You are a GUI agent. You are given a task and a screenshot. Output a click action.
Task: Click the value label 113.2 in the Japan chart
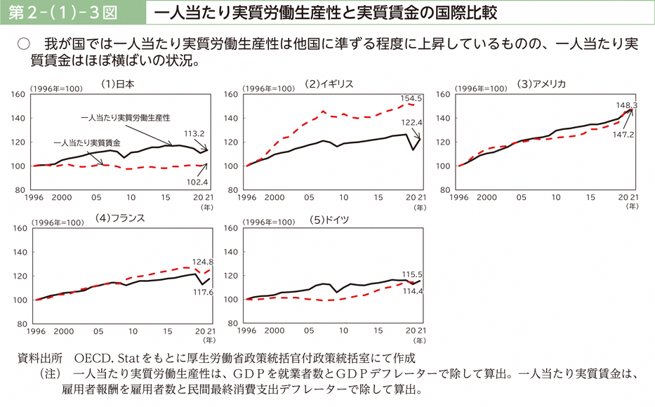pos(194,133)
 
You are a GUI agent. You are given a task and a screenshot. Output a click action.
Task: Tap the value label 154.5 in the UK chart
pos(411,98)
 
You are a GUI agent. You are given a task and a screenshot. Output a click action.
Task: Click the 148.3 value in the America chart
pos(624,105)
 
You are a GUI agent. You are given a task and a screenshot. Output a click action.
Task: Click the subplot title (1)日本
pos(117,84)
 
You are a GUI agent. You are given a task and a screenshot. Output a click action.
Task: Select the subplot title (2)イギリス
pos(329,84)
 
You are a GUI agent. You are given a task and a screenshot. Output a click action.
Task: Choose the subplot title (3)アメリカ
pos(541,84)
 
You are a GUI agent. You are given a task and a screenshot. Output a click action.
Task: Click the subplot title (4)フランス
pos(120,218)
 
